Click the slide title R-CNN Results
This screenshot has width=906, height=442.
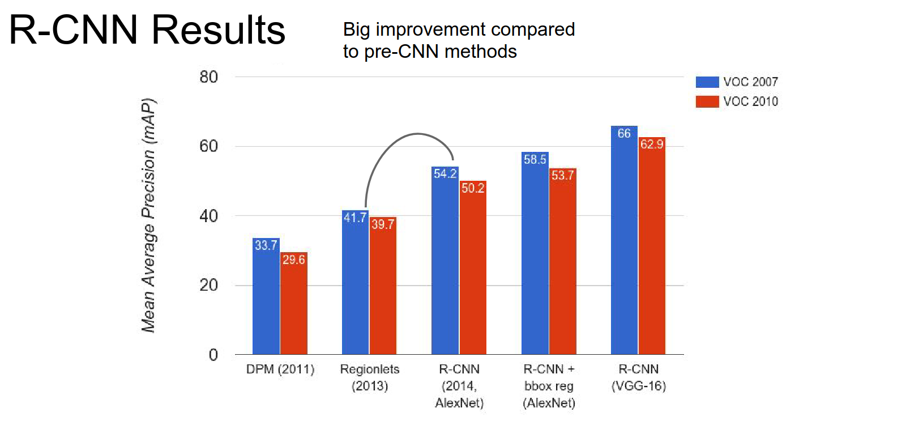[147, 29]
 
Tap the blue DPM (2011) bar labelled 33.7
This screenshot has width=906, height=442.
[266, 297]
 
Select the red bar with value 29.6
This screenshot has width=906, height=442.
[294, 306]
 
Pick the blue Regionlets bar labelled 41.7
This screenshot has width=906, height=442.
[356, 283]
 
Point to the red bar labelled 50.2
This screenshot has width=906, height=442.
[473, 269]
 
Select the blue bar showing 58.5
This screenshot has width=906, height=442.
[535, 255]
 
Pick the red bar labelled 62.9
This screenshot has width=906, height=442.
[652, 246]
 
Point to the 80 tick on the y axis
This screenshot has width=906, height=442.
[208, 77]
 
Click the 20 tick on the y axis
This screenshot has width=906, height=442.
[208, 285]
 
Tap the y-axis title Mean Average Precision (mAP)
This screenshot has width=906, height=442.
[148, 215]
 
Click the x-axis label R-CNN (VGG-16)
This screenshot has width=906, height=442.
[639, 377]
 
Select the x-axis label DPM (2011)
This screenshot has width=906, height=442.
[280, 369]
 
